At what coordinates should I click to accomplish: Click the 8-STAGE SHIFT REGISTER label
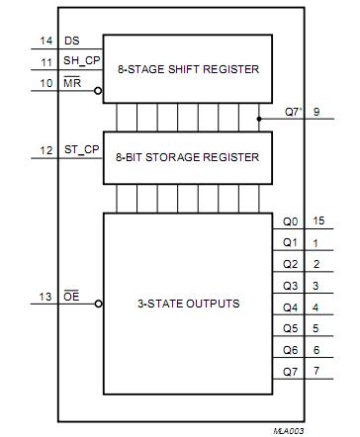coord(187,69)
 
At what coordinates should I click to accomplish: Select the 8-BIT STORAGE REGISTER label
coord(187,157)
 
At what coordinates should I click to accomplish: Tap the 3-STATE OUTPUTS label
coord(187,303)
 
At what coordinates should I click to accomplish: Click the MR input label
coord(72,83)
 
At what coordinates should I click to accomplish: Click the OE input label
coord(71,295)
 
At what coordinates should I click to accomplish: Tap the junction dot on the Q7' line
coord(259,119)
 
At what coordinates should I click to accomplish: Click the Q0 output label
coord(289,221)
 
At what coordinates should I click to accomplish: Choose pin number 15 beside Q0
coord(316,221)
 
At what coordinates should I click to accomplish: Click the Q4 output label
coord(289,307)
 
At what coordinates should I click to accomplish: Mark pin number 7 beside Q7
coord(315,372)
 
